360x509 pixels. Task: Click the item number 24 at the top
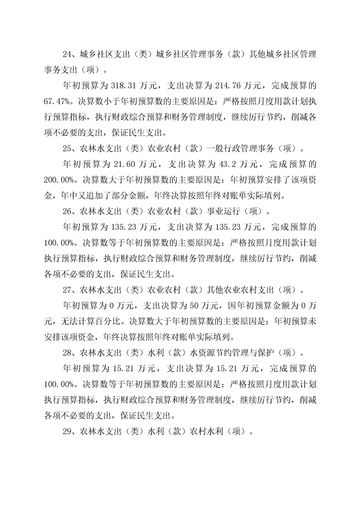68,54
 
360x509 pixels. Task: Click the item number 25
68,149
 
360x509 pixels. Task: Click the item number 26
68,211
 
